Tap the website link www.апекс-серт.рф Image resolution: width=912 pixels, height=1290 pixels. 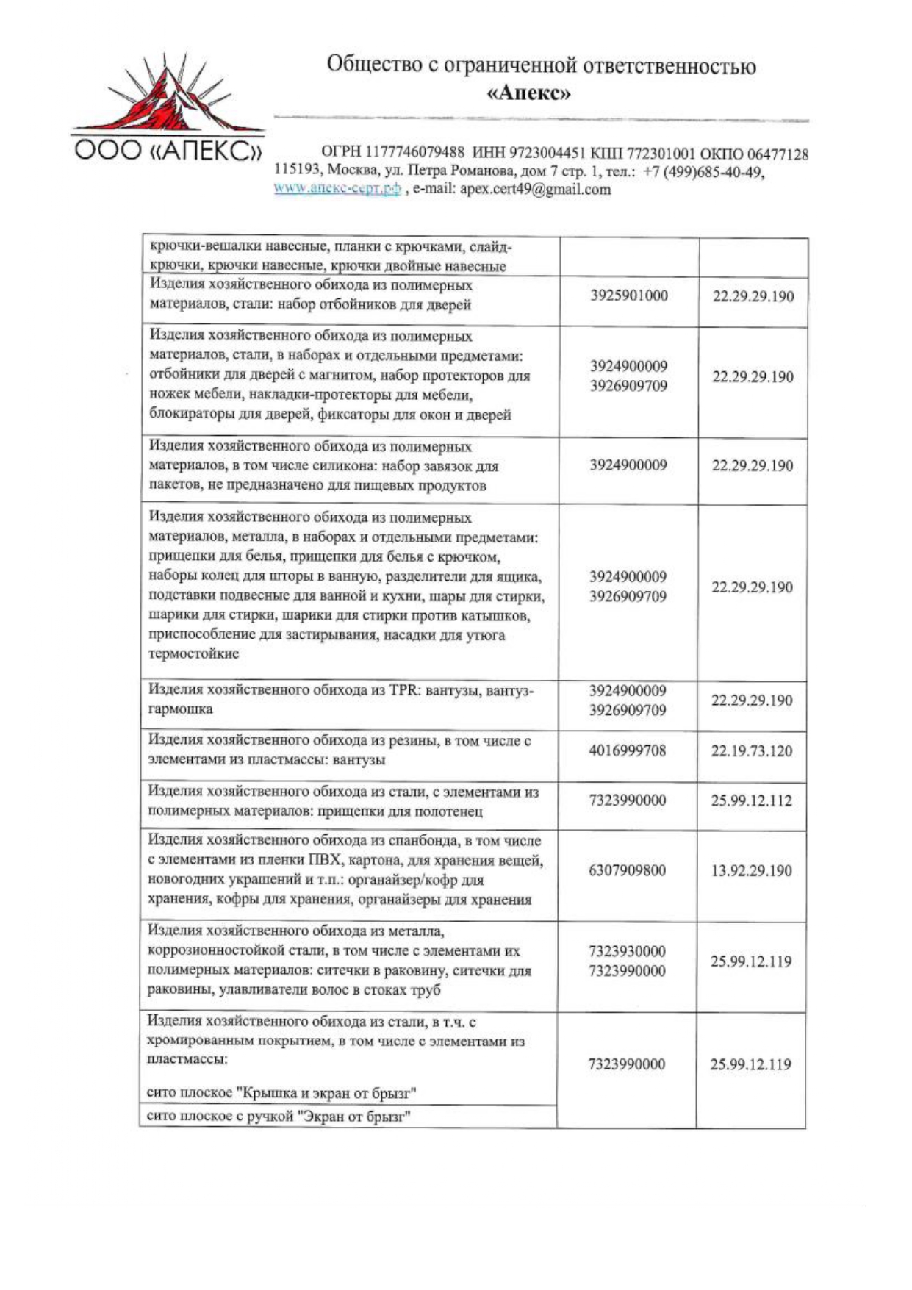pyautogui.click(x=337, y=189)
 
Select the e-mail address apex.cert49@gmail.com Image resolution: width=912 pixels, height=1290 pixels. pyautogui.click(x=535, y=189)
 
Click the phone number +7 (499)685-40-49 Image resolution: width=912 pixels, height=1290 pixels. pyautogui.click(x=703, y=171)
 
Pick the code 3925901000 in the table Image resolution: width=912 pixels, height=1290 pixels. pyautogui.click(x=628, y=295)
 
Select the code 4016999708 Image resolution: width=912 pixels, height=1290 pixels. pyautogui.click(x=628, y=750)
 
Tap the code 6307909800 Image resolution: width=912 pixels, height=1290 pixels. pyautogui.click(x=627, y=870)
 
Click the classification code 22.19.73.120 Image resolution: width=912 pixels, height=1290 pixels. pyautogui.click(x=752, y=750)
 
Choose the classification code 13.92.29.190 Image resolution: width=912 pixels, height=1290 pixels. pyautogui.click(x=751, y=870)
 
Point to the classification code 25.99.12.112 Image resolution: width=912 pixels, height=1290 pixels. pyautogui.click(x=751, y=800)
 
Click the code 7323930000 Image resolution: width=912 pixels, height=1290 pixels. pyautogui.click(x=627, y=951)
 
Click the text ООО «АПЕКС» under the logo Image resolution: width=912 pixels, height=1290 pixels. pyautogui.click(x=167, y=151)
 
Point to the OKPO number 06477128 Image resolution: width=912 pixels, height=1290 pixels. pyautogui.click(x=778, y=154)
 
